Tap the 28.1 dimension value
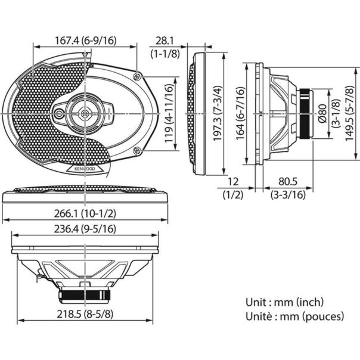click(x=161, y=41)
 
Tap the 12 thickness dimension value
click(x=233, y=181)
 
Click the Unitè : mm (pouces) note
click(x=294, y=316)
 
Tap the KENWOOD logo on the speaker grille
click(x=83, y=170)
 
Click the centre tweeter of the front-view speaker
click(x=84, y=111)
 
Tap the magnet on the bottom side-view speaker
click(x=83, y=294)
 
